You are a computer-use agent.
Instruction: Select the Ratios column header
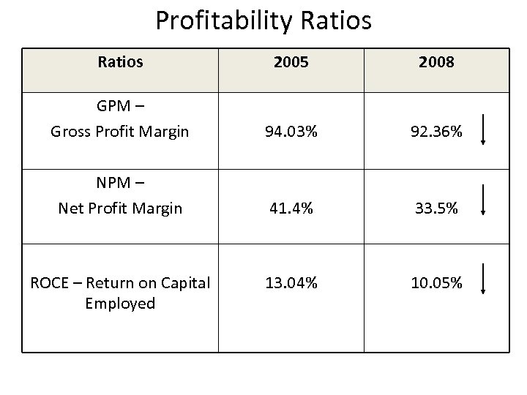[x=120, y=62]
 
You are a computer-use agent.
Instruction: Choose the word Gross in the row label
[x=71, y=133]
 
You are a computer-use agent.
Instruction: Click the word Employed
[x=120, y=303]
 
